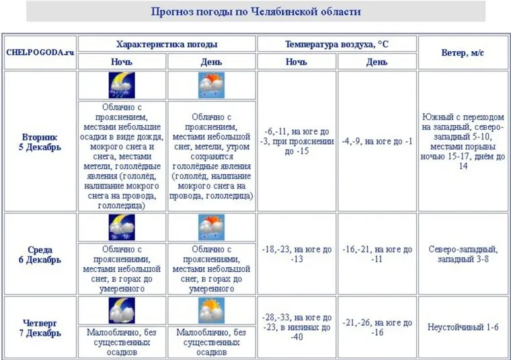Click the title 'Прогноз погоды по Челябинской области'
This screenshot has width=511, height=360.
(255, 11)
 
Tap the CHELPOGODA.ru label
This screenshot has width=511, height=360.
(40, 52)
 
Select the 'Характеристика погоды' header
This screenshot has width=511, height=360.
(167, 44)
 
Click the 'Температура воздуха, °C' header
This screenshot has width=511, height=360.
(336, 44)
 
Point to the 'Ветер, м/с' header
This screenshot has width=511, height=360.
(463, 52)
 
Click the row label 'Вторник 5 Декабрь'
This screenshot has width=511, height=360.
(40, 141)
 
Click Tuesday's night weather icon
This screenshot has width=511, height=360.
(122, 85)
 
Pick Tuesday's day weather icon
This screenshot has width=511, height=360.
(211, 85)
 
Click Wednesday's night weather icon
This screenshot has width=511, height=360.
(122, 227)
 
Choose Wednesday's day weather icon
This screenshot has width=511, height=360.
(211, 227)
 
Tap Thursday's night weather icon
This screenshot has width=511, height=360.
(122, 310)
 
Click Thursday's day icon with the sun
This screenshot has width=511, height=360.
(211, 310)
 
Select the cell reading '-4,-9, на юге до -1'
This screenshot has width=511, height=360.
(377, 141)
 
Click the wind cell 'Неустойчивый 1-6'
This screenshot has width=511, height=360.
(463, 327)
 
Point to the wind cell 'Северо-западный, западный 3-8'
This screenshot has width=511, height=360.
(463, 254)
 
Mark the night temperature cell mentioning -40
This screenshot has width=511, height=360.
(297, 327)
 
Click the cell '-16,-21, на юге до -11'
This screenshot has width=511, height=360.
(377, 254)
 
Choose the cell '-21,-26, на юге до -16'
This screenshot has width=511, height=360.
(377, 327)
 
